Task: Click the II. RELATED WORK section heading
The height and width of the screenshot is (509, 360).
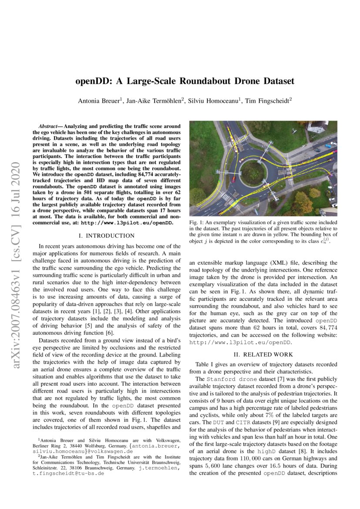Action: [263, 354]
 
